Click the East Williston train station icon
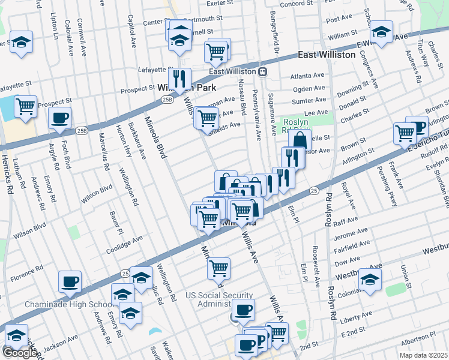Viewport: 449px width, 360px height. click(263, 71)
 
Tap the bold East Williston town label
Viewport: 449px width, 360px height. click(332, 55)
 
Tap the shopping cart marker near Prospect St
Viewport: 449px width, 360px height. click(25, 106)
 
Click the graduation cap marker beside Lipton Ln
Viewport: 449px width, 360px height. click(22, 42)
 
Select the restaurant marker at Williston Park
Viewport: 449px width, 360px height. click(179, 79)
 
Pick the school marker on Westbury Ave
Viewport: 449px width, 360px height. click(370, 279)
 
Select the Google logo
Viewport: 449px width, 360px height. click(20, 353)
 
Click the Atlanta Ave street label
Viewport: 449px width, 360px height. click(307, 76)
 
